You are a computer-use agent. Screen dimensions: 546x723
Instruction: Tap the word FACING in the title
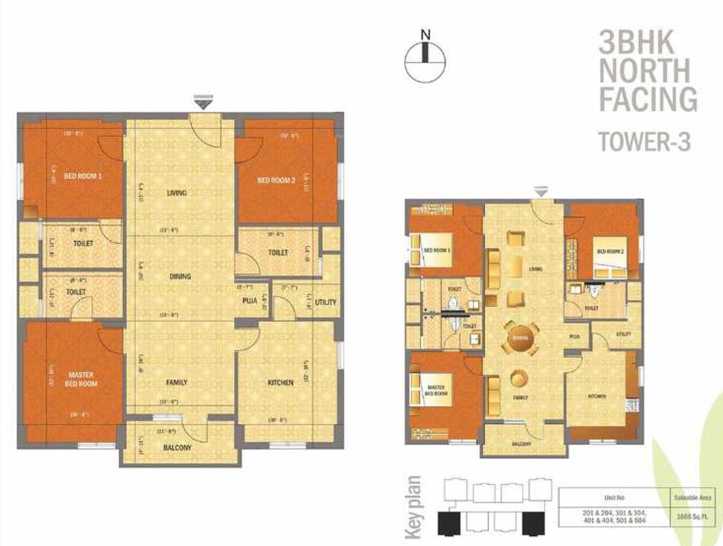pos(648,99)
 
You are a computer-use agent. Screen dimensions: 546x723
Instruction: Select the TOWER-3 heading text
pos(645,141)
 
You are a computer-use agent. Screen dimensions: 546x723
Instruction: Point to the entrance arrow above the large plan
pos(203,103)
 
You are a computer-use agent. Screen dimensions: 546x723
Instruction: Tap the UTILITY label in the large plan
pos(326,302)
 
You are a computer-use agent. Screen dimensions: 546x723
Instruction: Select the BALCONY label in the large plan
pos(177,448)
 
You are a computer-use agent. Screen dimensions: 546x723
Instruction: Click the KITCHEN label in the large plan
pos(281,383)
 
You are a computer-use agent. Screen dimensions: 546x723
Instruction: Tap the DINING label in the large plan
pos(180,277)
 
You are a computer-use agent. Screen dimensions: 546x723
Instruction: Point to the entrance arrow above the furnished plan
pos(541,191)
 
